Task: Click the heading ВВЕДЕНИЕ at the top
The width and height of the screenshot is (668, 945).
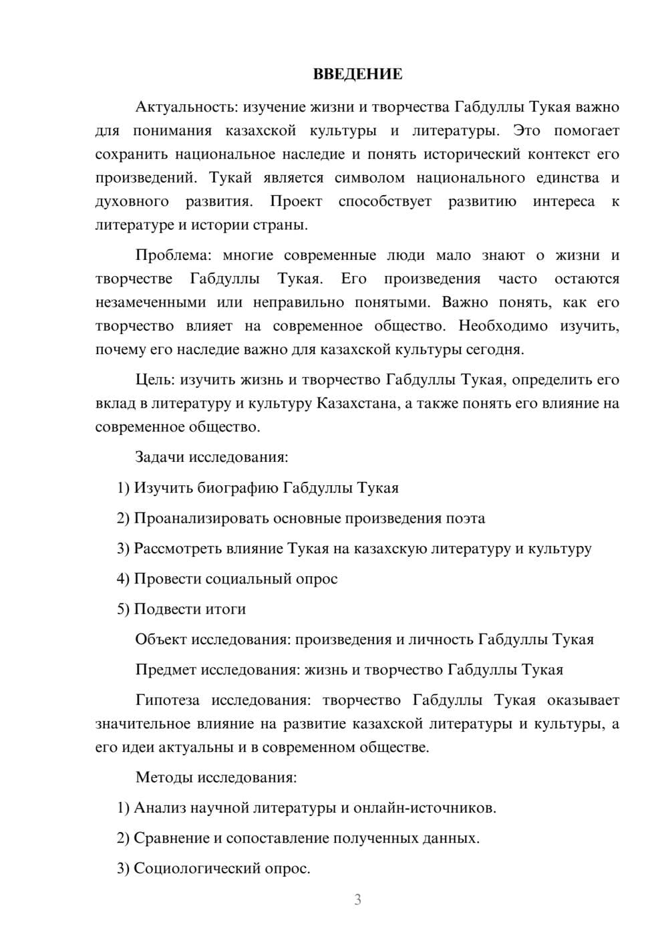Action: coord(357,74)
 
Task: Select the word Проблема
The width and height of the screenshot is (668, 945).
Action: coord(175,255)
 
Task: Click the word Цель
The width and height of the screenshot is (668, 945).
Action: coord(155,380)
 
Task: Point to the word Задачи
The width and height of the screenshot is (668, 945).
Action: coord(160,457)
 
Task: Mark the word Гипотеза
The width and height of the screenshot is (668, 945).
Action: coord(167,700)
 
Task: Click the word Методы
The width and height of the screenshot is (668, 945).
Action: coord(160,777)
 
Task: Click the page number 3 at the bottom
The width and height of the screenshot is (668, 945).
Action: coord(357,900)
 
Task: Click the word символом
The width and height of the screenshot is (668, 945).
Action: coord(369,178)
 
